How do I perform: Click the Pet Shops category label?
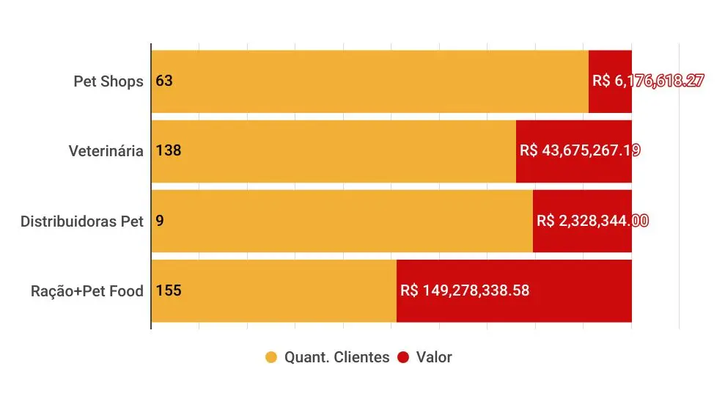tap(108, 81)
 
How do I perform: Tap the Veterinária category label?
tap(106, 151)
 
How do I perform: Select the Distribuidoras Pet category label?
tap(82, 221)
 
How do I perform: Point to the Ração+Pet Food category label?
tap(87, 290)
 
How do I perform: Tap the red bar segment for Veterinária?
tap(574, 169)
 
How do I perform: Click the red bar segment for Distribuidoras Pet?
tap(583, 238)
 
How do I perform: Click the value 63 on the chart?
tap(164, 81)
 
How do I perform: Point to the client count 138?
tap(169, 151)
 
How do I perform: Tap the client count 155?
tap(169, 290)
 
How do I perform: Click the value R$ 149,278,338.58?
tap(465, 290)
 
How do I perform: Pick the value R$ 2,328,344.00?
tap(592, 221)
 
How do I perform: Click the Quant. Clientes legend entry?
tap(328, 358)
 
